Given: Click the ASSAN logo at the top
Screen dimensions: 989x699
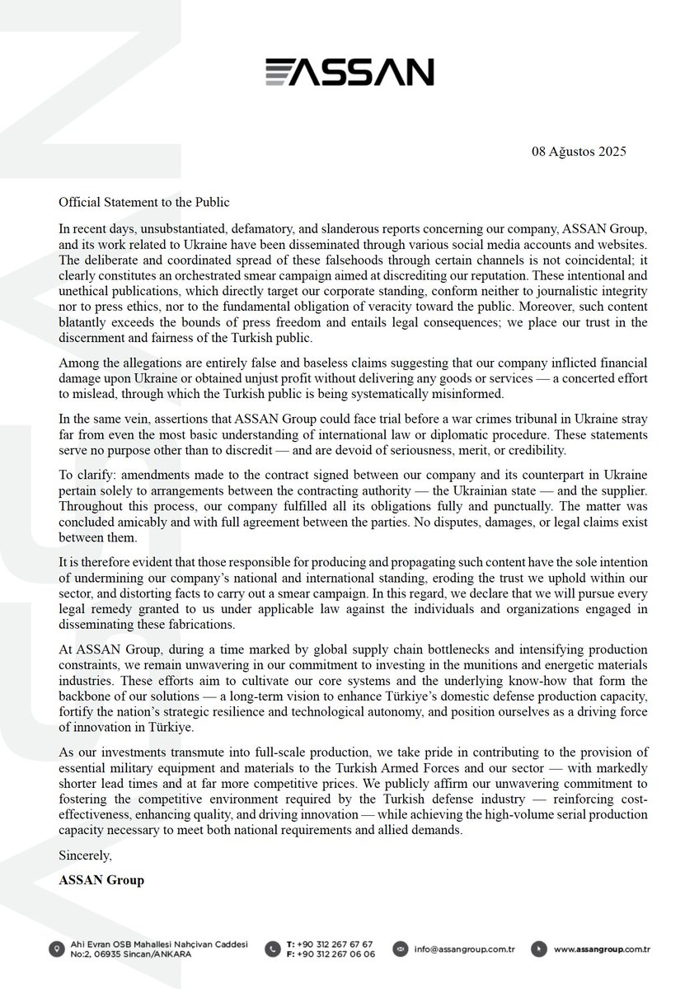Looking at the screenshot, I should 349,72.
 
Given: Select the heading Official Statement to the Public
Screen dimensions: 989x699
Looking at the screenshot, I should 144,202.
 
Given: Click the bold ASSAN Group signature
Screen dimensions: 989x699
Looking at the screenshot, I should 101,880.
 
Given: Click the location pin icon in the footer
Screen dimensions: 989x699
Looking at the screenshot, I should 55,949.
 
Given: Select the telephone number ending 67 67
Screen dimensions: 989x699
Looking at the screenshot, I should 336,943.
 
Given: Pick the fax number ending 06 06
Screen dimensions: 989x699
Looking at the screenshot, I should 336,954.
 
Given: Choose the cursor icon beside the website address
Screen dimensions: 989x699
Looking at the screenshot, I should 537,949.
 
